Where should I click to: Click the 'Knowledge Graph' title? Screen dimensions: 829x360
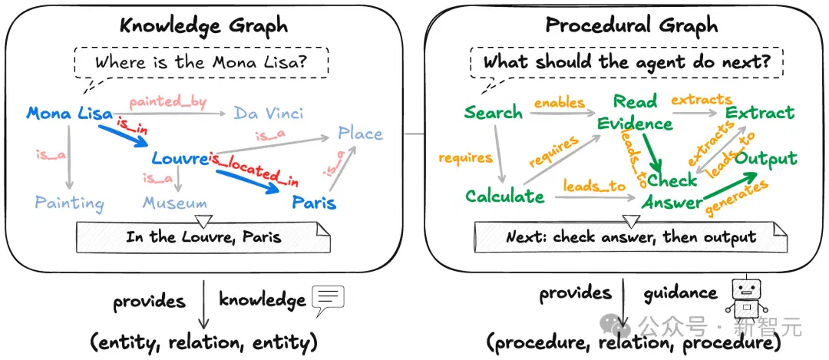[203, 25]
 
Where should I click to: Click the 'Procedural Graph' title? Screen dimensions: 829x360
[631, 25]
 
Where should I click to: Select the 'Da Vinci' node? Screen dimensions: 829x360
[269, 113]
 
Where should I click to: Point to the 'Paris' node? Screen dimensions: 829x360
[314, 203]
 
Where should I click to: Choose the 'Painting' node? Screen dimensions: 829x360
[69, 203]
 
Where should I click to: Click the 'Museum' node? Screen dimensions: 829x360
[174, 203]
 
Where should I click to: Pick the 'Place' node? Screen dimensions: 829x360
[361, 134]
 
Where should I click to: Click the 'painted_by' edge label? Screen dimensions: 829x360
[168, 101]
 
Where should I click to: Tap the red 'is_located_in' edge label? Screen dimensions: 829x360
[253, 169]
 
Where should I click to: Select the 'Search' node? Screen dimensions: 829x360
[494, 113]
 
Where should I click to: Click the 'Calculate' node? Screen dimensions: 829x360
[504, 197]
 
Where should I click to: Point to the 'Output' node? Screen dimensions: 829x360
[766, 159]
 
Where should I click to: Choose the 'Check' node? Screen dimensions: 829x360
[672, 180]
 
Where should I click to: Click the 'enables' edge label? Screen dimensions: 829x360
[560, 102]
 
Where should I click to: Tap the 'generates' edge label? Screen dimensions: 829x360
[736, 198]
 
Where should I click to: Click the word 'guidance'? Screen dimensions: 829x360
[680, 294]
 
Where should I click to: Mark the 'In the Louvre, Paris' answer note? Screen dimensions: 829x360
[203, 236]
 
